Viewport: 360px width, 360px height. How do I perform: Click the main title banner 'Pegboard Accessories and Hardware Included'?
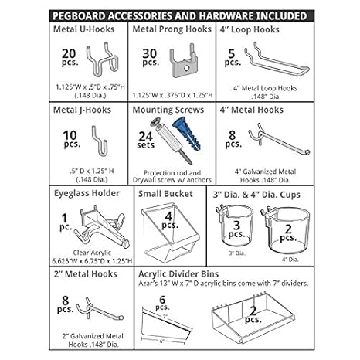pyautogui.click(x=180, y=14)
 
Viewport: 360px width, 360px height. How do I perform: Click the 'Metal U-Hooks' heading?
pyautogui.click(x=83, y=30)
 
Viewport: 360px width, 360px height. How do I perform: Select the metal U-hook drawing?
pyautogui.click(x=103, y=57)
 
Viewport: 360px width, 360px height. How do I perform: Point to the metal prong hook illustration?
pyautogui.click(x=188, y=59)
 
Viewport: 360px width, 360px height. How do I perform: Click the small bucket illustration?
pyautogui.click(x=166, y=230)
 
